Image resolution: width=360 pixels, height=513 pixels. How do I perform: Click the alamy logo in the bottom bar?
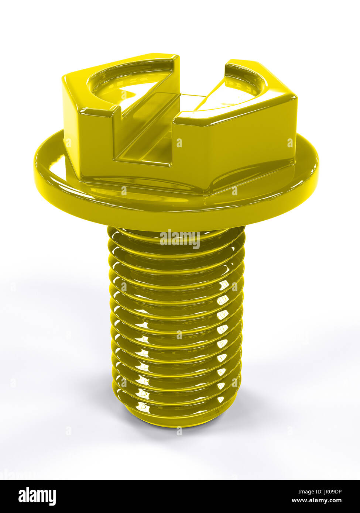37,496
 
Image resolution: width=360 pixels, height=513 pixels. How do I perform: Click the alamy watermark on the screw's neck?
180,239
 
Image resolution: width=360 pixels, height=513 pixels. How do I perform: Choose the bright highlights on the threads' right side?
223,314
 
